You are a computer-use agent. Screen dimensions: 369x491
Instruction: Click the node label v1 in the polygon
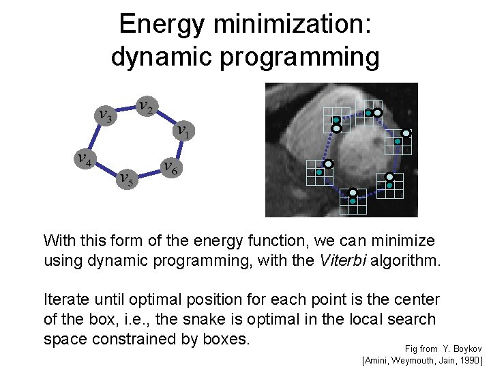tap(183, 130)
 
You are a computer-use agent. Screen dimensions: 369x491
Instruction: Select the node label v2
tap(145, 106)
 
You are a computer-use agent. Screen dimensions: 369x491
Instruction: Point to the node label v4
tap(85, 159)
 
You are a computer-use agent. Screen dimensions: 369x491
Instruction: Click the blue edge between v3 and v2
tap(125, 108)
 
